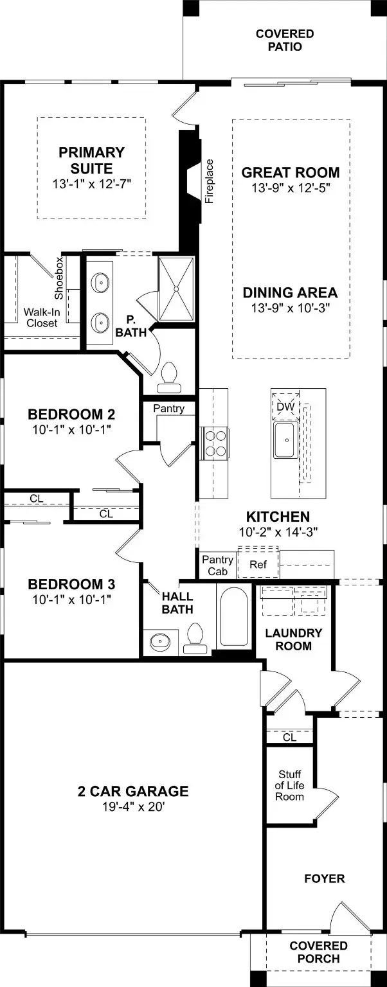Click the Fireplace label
pyautogui.click(x=209, y=181)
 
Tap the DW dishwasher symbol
pyautogui.click(x=285, y=406)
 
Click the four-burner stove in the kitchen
pyautogui.click(x=215, y=443)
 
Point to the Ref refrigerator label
pyautogui.click(x=258, y=564)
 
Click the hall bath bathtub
pyautogui.click(x=233, y=616)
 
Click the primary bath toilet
pyautogui.click(x=169, y=378)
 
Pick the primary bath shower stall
pyautogui.click(x=176, y=289)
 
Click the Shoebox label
pyautogui.click(x=59, y=278)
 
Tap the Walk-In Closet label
pyautogui.click(x=42, y=317)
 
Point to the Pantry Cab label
pyautogui.click(x=217, y=565)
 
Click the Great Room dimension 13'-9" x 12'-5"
pyautogui.click(x=291, y=188)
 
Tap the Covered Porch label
pyautogui.click(x=319, y=952)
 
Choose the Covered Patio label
pyautogui.click(x=285, y=40)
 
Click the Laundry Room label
pyautogui.click(x=294, y=639)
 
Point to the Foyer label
pyautogui.click(x=325, y=878)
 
